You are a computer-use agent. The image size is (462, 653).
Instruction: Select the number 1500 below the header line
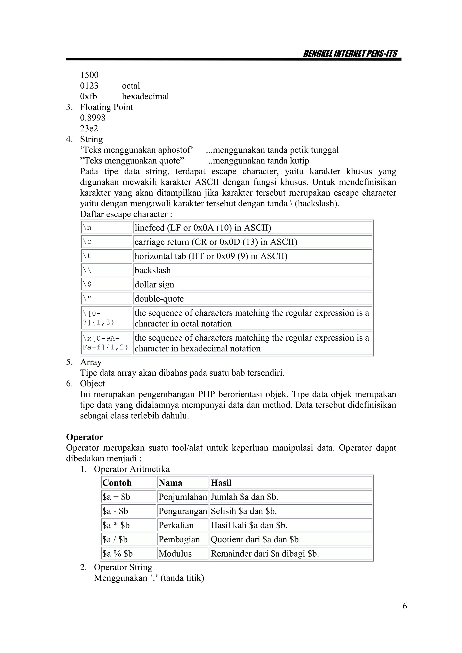pos(89,75)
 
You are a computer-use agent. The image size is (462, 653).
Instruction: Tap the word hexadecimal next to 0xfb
pos(145,96)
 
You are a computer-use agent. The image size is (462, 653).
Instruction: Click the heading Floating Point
pos(106,107)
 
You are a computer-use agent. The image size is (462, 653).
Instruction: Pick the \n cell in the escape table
pos(106,228)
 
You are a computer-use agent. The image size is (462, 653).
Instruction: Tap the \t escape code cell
pos(106,256)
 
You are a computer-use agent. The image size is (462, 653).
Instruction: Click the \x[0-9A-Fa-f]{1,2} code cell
pos(106,343)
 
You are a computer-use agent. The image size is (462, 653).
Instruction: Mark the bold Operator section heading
pos(85,437)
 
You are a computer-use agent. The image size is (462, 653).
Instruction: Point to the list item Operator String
pos(123,567)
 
